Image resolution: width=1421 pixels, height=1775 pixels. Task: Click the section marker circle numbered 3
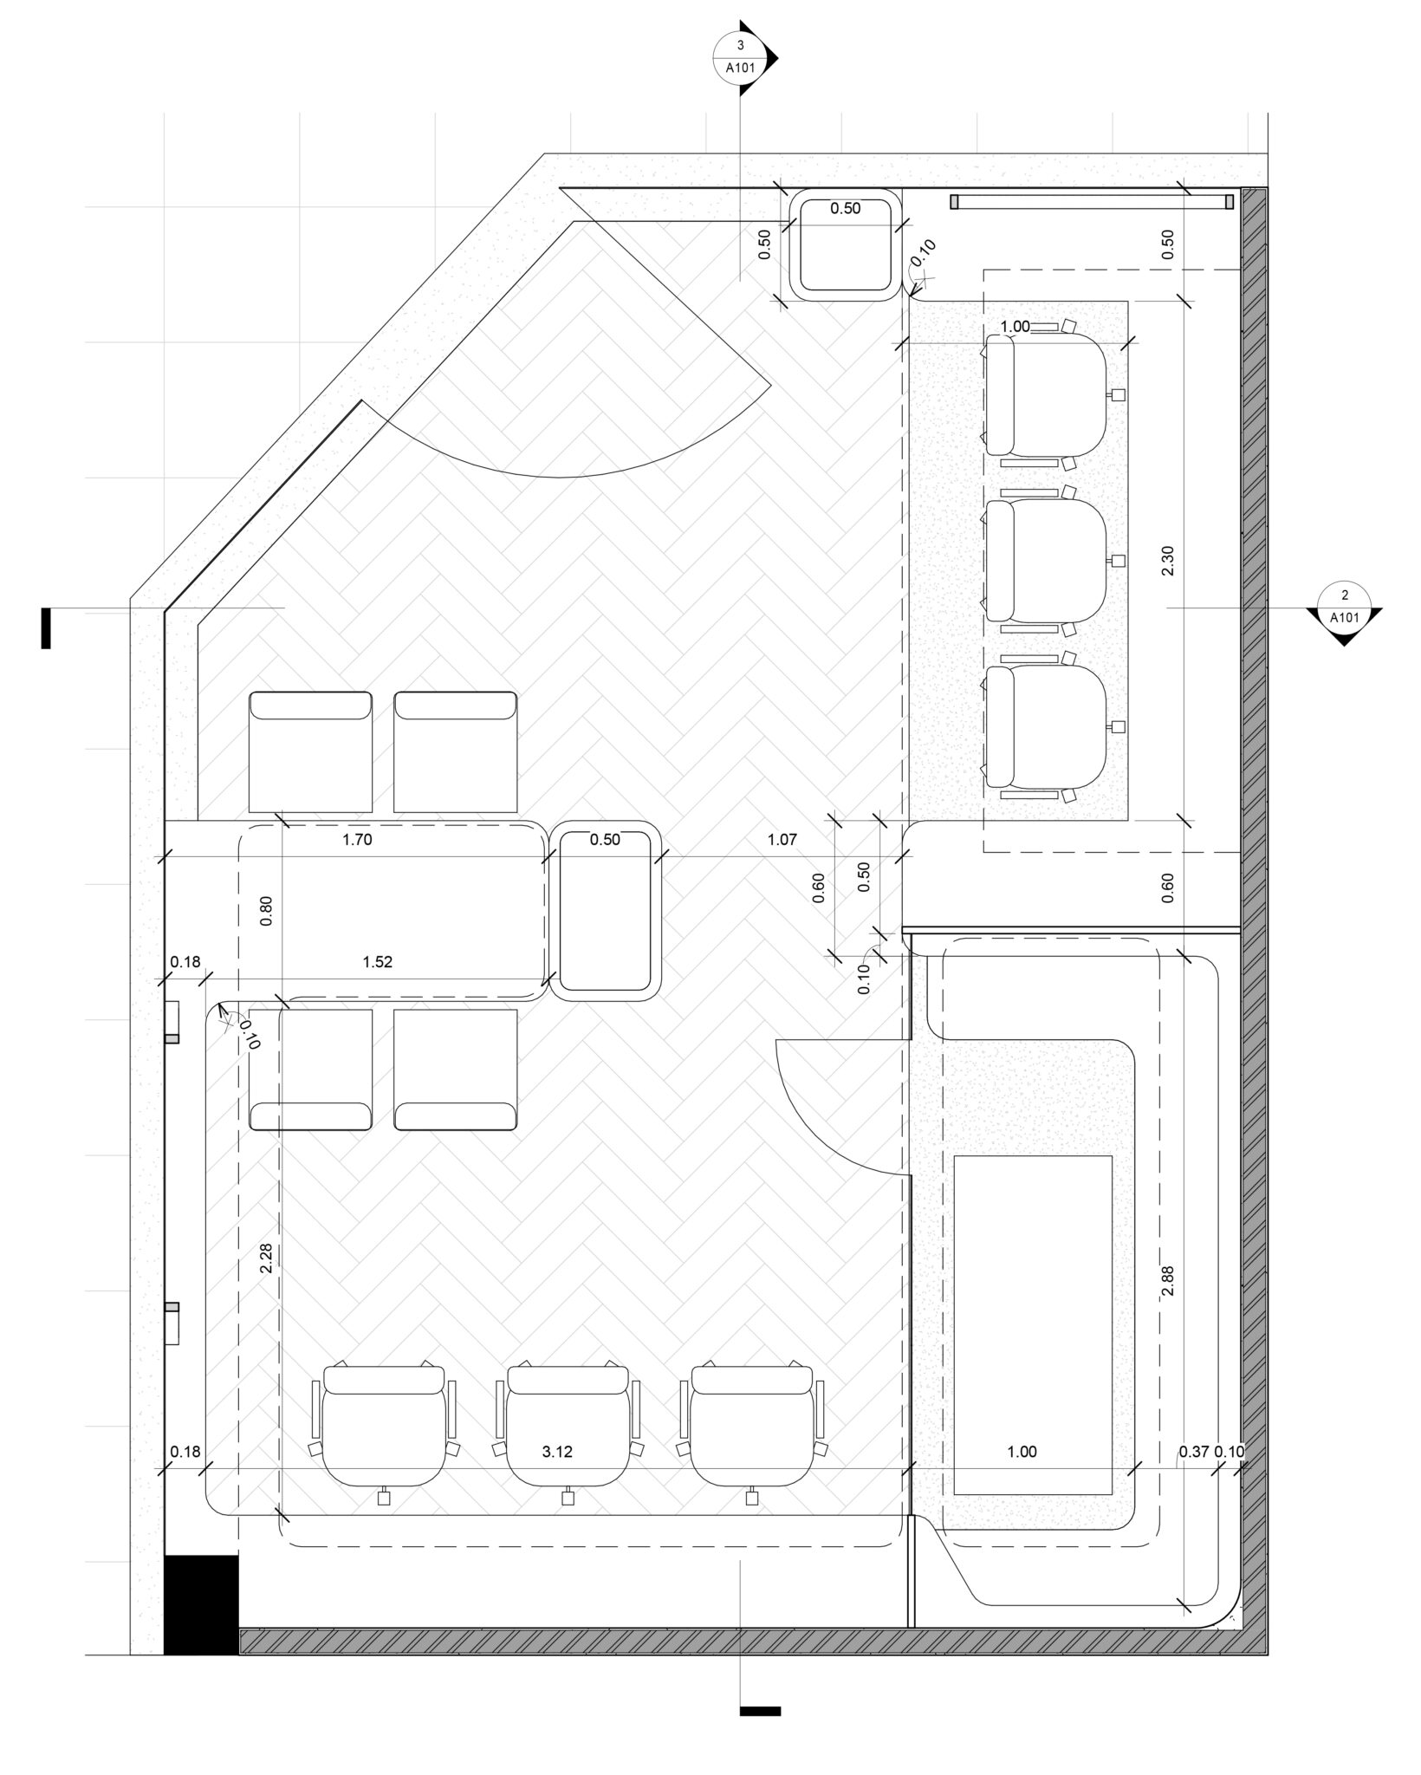point(739,58)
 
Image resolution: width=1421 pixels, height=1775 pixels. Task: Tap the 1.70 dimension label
point(357,839)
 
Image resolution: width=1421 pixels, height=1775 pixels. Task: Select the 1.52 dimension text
point(378,962)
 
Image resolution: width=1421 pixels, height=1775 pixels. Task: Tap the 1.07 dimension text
point(782,839)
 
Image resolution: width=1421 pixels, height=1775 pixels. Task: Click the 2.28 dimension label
point(265,1259)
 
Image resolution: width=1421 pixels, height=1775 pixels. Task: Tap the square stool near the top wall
point(846,245)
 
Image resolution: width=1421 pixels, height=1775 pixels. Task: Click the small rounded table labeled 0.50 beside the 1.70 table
point(606,910)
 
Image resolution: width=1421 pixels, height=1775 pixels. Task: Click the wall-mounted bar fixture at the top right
point(1092,202)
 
